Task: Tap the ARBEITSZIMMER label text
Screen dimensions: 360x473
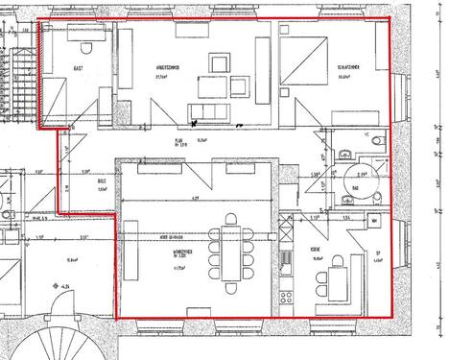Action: coord(144,70)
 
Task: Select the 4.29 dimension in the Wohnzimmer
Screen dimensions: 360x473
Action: coord(195,198)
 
